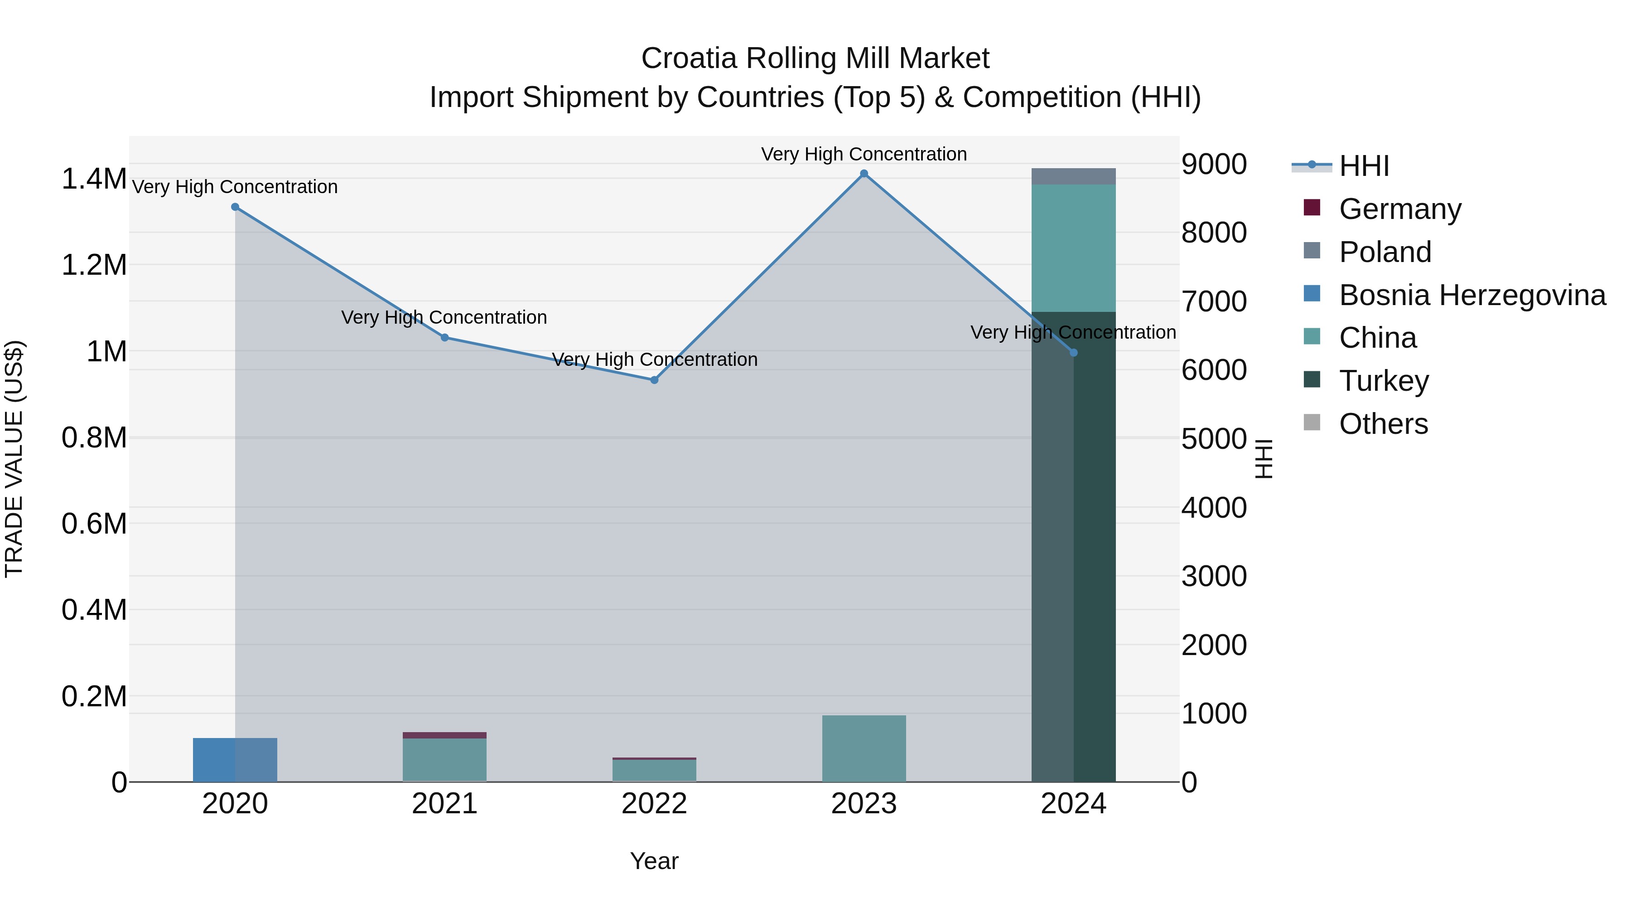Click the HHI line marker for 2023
click(864, 174)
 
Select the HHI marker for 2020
click(235, 207)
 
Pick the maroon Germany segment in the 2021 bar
click(444, 735)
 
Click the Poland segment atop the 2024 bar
click(1073, 176)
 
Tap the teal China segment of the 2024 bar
click(1073, 248)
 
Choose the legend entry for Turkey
click(1384, 381)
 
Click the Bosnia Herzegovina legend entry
click(1472, 295)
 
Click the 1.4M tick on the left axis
click(94, 179)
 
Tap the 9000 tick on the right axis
click(1214, 164)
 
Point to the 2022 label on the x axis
click(654, 804)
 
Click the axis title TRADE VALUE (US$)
click(14, 459)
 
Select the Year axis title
click(654, 861)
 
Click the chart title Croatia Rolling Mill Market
click(815, 58)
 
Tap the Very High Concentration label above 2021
click(444, 317)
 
